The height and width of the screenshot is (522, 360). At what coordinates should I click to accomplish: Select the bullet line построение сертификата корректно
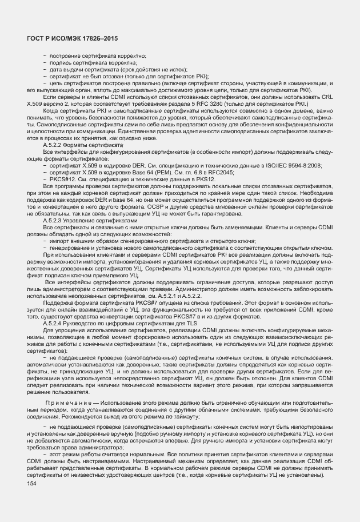pos(93,55)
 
